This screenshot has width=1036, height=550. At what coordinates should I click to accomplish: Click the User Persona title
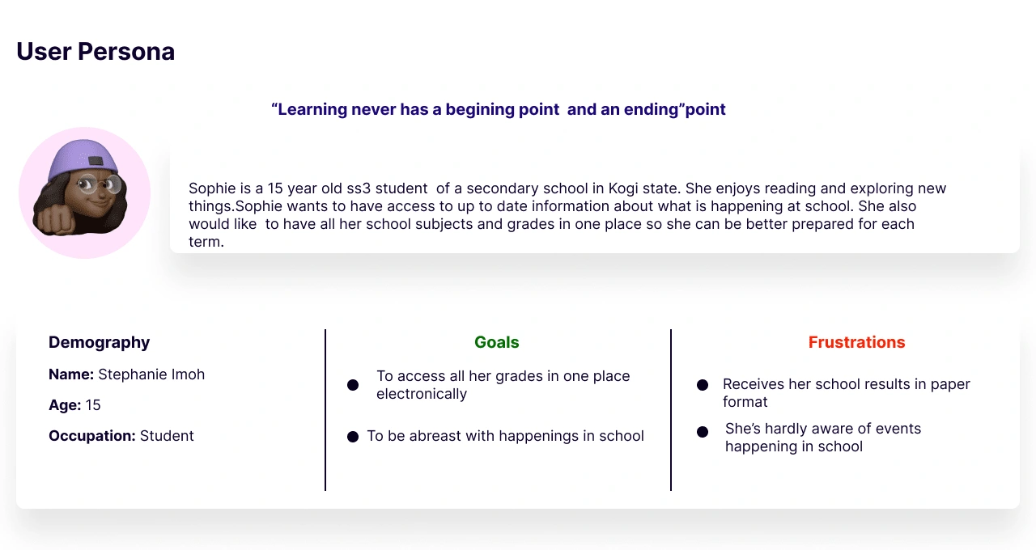[96, 51]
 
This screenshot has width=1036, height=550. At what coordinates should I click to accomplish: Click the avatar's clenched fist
[53, 219]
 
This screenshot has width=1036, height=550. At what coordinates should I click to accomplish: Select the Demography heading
[99, 342]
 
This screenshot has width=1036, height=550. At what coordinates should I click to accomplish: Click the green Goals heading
[497, 342]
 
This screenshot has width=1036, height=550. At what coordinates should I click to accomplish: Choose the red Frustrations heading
[856, 342]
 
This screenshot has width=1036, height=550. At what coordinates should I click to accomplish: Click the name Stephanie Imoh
[151, 374]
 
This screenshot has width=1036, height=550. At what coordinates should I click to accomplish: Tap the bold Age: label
[65, 405]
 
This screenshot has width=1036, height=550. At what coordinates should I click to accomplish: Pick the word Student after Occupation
[167, 436]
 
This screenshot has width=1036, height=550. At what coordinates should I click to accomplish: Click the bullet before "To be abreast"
[353, 437]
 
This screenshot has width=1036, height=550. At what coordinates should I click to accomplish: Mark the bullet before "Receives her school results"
[703, 385]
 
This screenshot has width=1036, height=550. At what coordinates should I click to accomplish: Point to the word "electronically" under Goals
[422, 394]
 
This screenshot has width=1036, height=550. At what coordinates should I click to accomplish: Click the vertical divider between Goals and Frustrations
[671, 410]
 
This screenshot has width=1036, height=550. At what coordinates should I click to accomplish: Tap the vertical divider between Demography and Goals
[325, 410]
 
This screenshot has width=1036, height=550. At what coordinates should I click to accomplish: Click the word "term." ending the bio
[206, 242]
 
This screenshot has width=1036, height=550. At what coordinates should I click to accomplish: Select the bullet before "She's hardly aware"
[703, 432]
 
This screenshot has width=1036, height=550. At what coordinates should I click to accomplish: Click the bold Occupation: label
[92, 436]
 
